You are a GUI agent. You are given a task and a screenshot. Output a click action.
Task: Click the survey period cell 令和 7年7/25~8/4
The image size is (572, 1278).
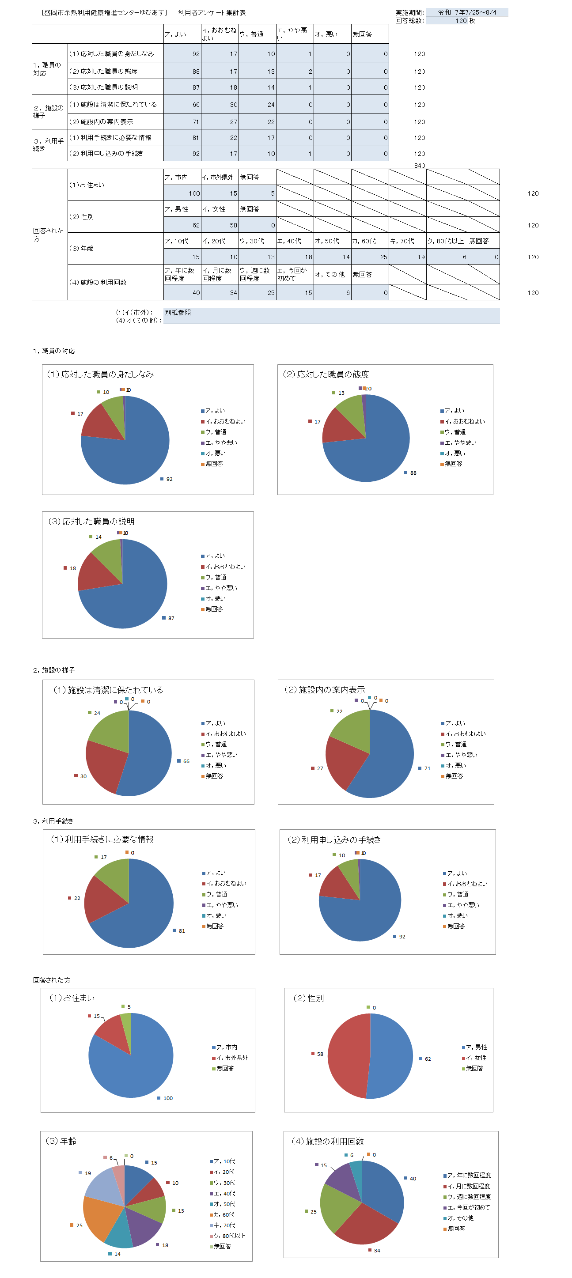(466, 12)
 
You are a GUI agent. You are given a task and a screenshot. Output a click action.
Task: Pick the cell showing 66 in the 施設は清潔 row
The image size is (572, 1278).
(182, 105)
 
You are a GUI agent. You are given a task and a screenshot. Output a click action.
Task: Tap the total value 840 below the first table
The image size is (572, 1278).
(419, 166)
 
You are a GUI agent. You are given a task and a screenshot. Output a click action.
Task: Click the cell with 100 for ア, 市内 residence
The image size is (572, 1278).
(182, 193)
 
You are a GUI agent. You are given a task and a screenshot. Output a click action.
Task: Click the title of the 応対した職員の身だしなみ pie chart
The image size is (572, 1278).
(100, 374)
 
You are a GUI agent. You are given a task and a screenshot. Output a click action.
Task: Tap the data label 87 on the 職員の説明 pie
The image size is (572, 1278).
(171, 618)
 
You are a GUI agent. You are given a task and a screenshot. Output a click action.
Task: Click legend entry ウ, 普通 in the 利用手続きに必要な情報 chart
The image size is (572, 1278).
(217, 894)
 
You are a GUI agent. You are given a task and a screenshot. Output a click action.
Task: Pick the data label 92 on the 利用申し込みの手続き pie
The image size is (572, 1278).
(402, 937)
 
